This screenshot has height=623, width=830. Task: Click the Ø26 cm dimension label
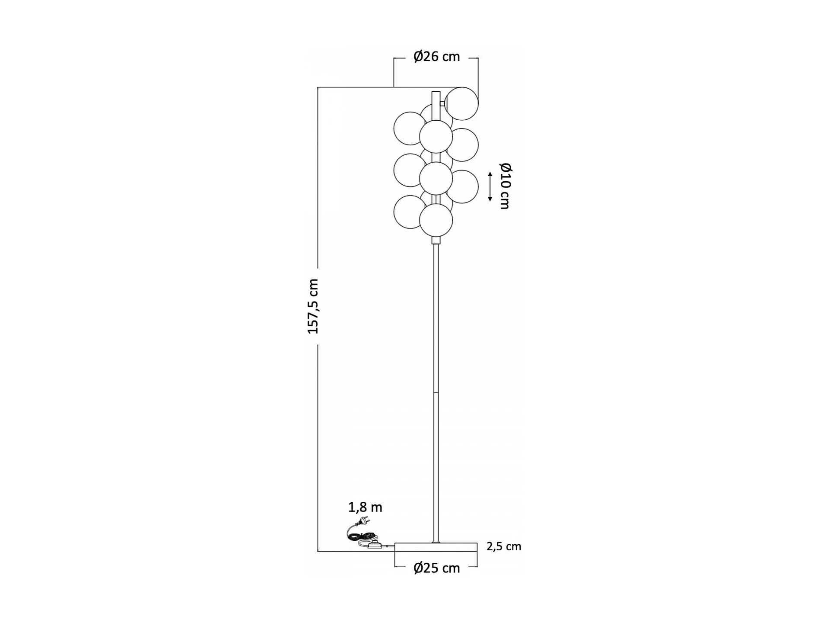(436, 57)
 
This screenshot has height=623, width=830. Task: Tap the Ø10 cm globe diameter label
(505, 186)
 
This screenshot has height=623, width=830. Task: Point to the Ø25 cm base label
(436, 568)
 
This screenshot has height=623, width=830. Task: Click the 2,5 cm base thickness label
(504, 546)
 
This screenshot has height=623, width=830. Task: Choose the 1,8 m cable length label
(365, 507)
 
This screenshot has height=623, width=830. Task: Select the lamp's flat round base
(436, 548)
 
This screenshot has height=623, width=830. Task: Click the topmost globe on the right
(462, 103)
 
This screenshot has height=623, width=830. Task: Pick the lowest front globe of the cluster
(436, 220)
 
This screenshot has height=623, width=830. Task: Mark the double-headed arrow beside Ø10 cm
(490, 186)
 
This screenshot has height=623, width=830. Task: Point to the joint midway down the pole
(436, 392)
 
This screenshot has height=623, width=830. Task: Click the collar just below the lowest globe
(436, 240)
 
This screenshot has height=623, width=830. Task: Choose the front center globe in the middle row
(436, 178)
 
